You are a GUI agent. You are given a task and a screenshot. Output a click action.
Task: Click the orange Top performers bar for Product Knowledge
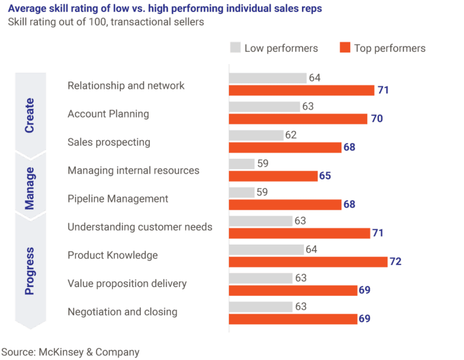pos(308,262)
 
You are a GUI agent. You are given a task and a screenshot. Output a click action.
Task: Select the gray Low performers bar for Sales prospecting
pos(256,135)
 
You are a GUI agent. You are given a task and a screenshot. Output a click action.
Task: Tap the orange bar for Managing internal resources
pos(273,176)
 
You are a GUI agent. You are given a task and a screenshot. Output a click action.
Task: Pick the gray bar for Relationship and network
pos(268,78)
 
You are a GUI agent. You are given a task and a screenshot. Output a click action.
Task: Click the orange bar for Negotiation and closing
pos(293,318)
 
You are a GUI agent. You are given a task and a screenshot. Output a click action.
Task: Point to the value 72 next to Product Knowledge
pos(396,262)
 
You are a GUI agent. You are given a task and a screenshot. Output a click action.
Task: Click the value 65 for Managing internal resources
pos(325,176)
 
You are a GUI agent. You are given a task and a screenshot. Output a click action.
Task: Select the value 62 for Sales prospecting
pos(291,135)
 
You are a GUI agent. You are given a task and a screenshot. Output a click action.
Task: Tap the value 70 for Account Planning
pos(376,119)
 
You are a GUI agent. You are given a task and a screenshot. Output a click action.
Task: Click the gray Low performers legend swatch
pos(236,48)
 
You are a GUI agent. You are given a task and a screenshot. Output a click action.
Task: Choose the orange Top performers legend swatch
pos(345,48)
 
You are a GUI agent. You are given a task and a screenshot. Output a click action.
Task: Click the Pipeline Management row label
pos(118,199)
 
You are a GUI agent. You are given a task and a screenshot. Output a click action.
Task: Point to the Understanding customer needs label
pos(140,227)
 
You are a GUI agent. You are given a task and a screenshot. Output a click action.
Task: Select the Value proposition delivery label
pos(127,283)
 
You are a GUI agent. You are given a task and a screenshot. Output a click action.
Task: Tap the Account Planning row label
pos(108,114)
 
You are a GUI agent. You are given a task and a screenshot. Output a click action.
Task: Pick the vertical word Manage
pos(30,187)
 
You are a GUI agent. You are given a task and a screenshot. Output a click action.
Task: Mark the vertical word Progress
pos(30,270)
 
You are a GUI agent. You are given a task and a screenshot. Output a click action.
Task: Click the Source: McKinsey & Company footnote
pos(70,352)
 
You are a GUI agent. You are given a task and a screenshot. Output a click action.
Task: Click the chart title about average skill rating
pos(164,9)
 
